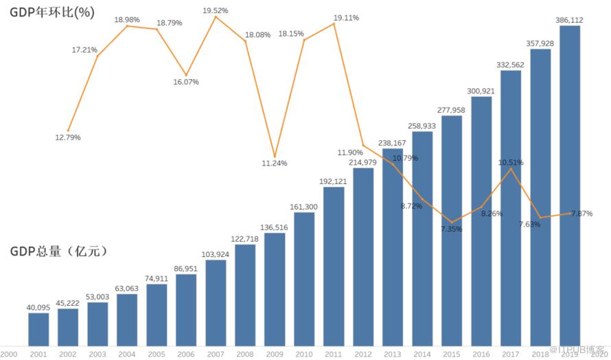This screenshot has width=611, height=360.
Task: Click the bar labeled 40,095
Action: point(38,328)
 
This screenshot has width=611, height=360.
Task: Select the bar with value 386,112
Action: point(570,185)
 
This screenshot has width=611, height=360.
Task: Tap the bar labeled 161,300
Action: point(304,278)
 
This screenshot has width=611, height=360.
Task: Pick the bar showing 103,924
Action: point(216,302)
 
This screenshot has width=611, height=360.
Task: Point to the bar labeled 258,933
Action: point(422,238)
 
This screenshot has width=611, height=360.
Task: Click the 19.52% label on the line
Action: point(216,10)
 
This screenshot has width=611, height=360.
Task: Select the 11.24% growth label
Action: point(275,164)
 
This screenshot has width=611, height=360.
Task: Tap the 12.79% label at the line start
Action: point(68,137)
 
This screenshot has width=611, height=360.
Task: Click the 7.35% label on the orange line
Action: point(452,229)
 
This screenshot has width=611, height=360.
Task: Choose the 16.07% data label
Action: point(186,82)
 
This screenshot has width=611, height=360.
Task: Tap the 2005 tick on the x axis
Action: point(157,353)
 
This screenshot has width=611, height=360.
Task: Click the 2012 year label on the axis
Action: point(363,353)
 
